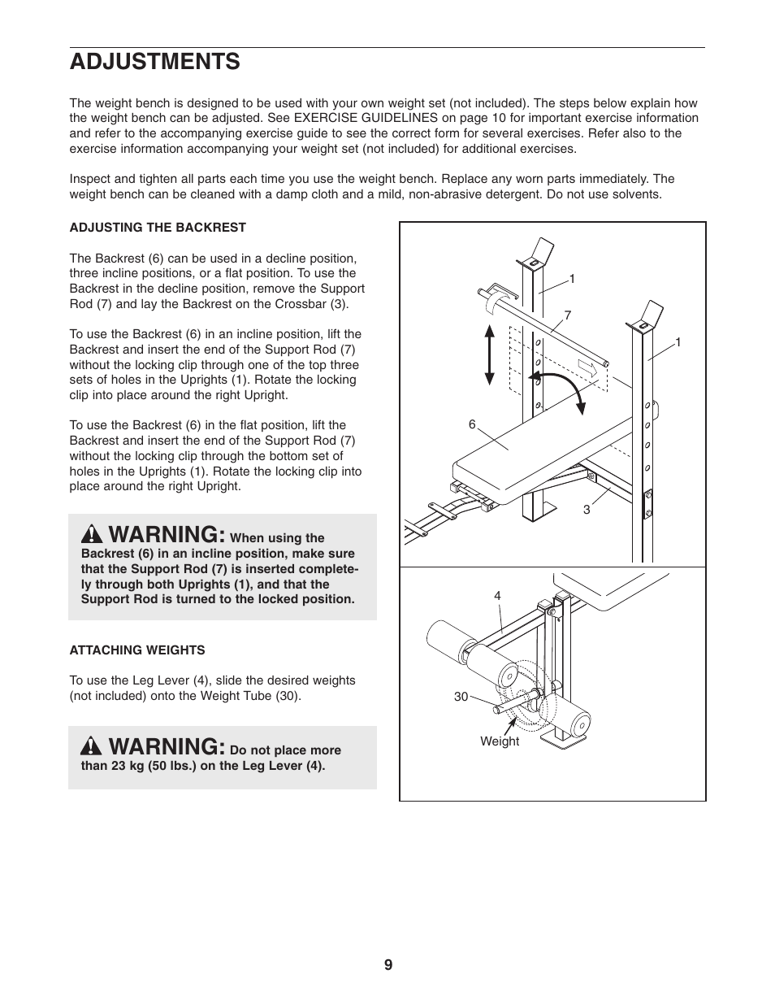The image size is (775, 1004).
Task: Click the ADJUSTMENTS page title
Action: [154, 62]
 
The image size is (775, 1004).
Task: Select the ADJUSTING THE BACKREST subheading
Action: [158, 228]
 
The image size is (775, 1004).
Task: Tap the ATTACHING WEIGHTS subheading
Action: [137, 650]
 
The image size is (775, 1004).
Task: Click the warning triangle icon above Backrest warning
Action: [92, 535]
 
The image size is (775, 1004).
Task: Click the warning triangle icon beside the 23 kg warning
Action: [92, 747]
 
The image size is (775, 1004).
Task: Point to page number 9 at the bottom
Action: [388, 965]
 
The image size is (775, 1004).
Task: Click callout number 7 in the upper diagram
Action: [568, 314]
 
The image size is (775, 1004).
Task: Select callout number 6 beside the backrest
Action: [472, 424]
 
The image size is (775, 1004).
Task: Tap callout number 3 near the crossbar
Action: [586, 510]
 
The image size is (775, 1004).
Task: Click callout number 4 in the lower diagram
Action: [498, 596]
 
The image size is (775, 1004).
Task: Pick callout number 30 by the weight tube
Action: [461, 697]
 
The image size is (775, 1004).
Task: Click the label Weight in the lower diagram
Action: [500, 741]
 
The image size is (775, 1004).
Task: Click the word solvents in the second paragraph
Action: [637, 194]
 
